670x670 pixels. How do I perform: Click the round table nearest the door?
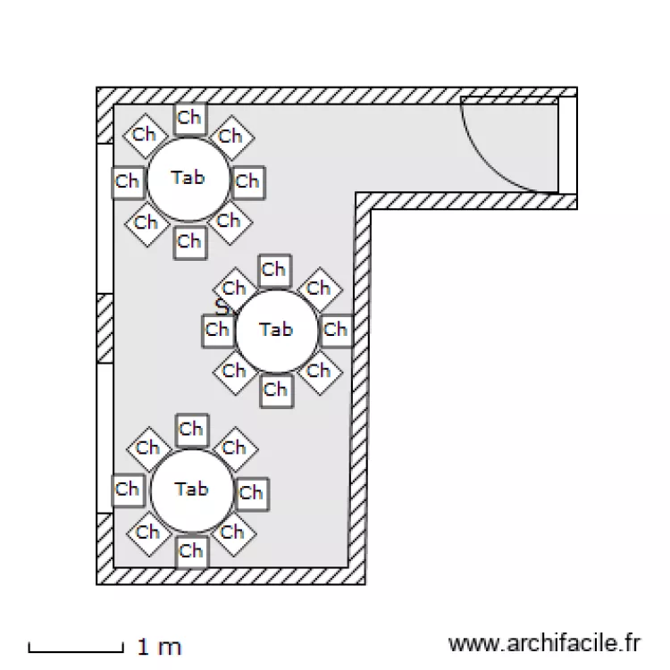pos(188,179)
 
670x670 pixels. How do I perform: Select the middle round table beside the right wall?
pos(277,331)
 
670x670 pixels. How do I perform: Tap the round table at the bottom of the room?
pos(192,490)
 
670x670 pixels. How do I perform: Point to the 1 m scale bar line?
pos(76,651)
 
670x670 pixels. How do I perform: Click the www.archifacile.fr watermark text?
pos(544,643)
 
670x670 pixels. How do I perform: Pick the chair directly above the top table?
pos(189,118)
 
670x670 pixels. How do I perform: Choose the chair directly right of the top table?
pos(248,182)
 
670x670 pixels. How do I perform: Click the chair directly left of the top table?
pos(128,182)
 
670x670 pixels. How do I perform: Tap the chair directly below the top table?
pos(190,242)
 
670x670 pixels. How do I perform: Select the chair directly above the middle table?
pos(275,271)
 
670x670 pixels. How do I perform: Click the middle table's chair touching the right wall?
pos(336,331)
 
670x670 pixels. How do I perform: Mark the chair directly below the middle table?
pos(276,390)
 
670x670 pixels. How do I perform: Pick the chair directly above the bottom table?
pos(192,431)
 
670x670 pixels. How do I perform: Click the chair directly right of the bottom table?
pos(252,494)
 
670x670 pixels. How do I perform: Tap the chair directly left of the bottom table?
pos(128,490)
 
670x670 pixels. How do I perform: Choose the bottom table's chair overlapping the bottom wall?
pos(192,552)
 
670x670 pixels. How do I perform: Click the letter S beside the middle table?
pos(222,306)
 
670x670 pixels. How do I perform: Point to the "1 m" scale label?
pos(159,647)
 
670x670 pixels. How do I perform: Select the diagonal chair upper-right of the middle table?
pos(320,289)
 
